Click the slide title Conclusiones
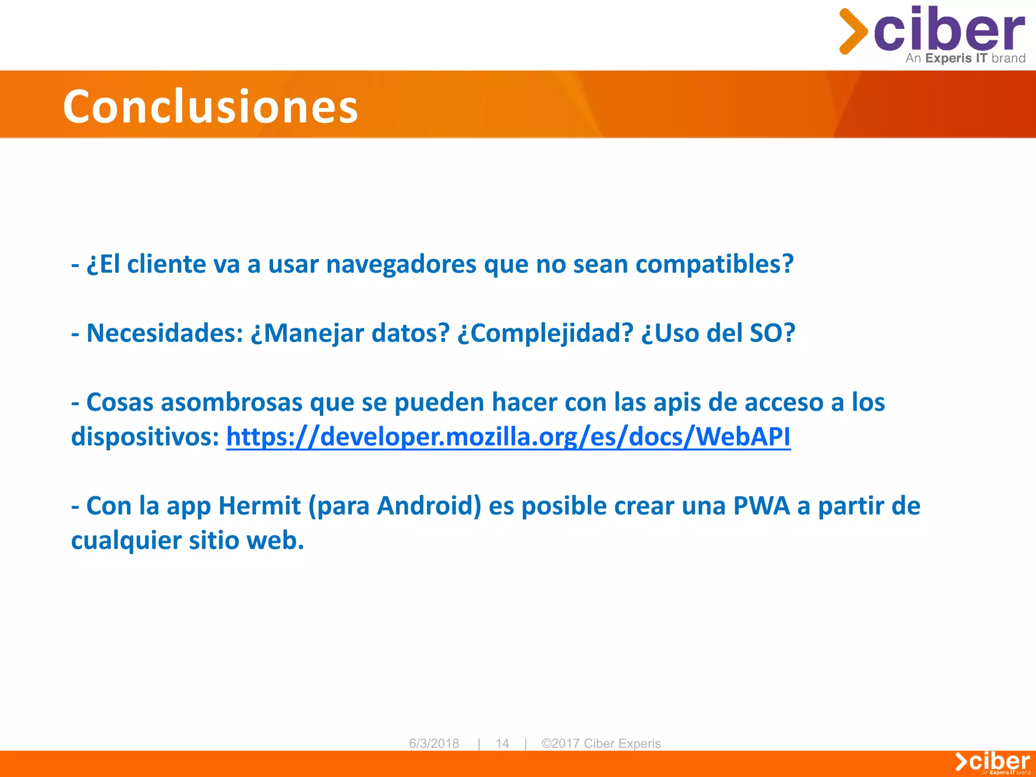click(210, 106)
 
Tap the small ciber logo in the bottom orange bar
click(992, 762)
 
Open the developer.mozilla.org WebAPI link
click(508, 437)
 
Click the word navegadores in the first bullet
click(401, 264)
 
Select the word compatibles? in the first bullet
click(714, 264)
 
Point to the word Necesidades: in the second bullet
click(165, 333)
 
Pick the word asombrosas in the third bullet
click(232, 403)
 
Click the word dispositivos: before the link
click(145, 437)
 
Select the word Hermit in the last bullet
click(260, 506)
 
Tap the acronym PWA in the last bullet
click(761, 506)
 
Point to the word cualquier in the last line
click(126, 540)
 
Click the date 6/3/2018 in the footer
click(434, 743)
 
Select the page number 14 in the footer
click(502, 743)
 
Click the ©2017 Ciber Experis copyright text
click(601, 743)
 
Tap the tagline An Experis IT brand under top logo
click(965, 58)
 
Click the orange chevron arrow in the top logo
click(853, 31)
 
